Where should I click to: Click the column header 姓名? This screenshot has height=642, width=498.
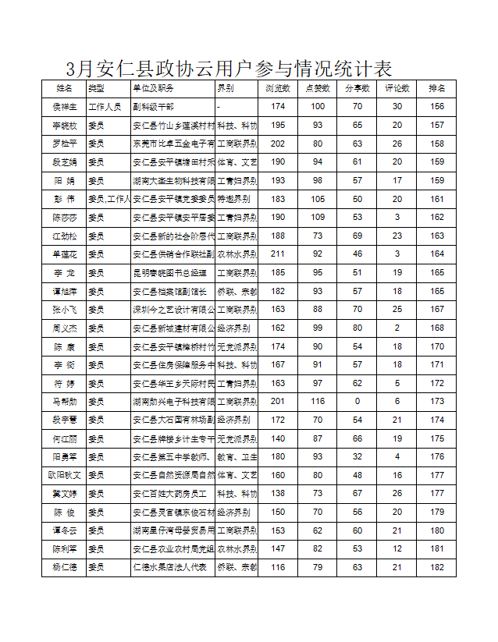click(x=65, y=88)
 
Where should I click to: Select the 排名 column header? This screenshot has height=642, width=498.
click(x=436, y=88)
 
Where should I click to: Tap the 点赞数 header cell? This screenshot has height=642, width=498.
click(x=317, y=88)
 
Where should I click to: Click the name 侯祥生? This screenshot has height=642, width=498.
click(x=65, y=107)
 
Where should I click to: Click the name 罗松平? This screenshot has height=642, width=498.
click(x=65, y=144)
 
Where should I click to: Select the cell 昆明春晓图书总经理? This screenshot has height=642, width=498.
click(x=169, y=273)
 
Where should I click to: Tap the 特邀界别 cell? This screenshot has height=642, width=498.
click(x=236, y=199)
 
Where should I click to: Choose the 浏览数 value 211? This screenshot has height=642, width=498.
click(x=278, y=254)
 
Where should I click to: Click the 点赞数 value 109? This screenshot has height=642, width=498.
click(x=317, y=218)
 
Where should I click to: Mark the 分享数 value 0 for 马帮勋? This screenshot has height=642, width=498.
click(x=357, y=402)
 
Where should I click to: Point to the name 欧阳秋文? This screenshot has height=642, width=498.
click(x=65, y=475)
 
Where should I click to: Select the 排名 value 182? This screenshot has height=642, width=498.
click(x=436, y=568)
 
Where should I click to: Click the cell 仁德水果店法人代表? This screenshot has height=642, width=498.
click(x=169, y=568)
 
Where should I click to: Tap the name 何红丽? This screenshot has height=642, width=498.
click(x=65, y=438)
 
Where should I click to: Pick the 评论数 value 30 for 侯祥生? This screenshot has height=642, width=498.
click(x=397, y=107)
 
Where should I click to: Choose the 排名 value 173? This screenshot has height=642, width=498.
click(x=436, y=402)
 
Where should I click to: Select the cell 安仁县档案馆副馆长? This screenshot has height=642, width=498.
click(x=169, y=291)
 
